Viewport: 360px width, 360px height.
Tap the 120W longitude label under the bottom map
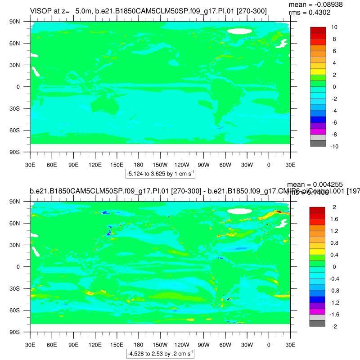(182, 345)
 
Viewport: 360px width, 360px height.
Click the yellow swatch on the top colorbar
(318, 72)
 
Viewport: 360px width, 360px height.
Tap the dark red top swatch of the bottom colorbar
(318, 210)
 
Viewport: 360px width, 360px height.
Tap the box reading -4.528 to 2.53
(160, 354)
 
